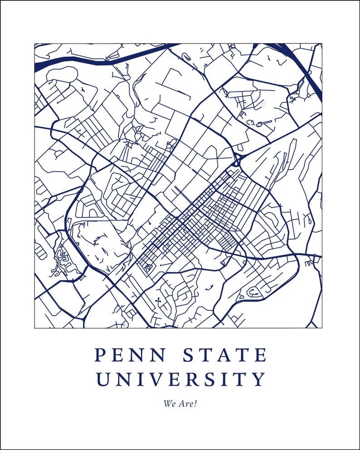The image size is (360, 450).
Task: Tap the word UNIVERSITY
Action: click(180, 379)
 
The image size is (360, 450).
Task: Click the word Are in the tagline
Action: click(185, 403)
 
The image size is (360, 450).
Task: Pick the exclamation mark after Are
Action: click(196, 403)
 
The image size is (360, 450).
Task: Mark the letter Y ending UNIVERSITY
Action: click(258, 379)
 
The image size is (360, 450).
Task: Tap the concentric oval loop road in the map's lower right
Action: click(254, 292)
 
